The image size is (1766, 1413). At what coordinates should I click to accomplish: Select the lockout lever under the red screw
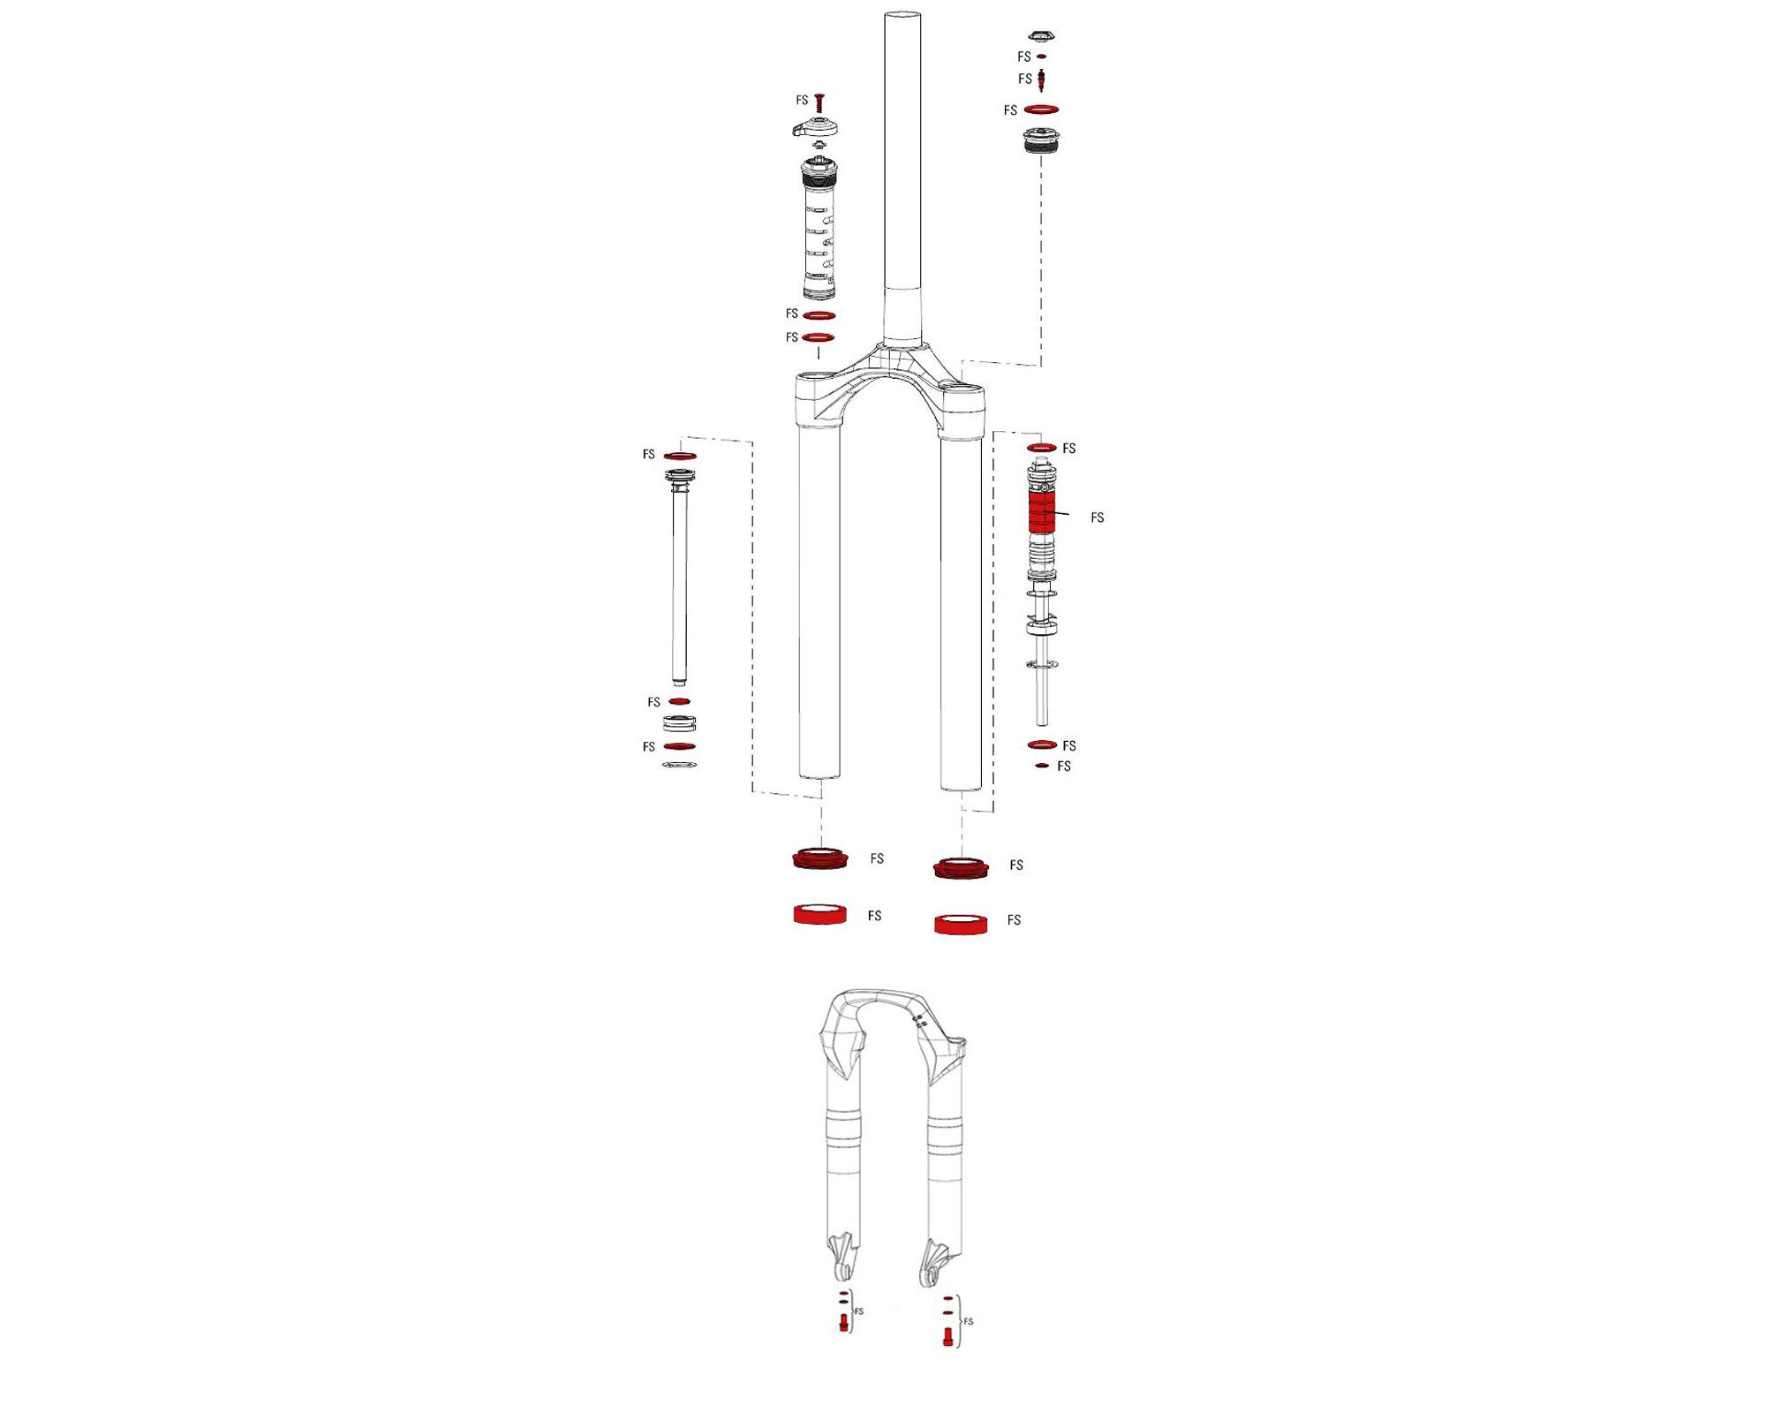814,129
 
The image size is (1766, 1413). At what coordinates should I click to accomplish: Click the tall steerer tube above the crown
902,177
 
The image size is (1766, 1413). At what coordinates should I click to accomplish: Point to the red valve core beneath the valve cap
1043,79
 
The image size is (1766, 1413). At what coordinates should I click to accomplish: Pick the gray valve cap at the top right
1042,36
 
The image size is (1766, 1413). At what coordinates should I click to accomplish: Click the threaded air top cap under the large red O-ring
1041,140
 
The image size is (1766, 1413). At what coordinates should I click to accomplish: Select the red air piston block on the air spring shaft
1042,512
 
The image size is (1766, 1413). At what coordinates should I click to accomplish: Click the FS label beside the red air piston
1097,518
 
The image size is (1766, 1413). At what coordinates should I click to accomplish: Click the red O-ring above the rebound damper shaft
680,456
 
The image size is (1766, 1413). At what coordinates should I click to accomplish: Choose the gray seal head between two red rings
679,724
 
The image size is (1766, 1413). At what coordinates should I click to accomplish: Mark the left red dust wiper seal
819,858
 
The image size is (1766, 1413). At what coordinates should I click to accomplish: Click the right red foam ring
961,924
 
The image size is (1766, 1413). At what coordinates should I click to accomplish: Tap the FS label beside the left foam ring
874,916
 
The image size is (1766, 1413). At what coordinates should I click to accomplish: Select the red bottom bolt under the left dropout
843,1322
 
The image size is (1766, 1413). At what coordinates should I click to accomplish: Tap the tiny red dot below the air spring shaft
1042,766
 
